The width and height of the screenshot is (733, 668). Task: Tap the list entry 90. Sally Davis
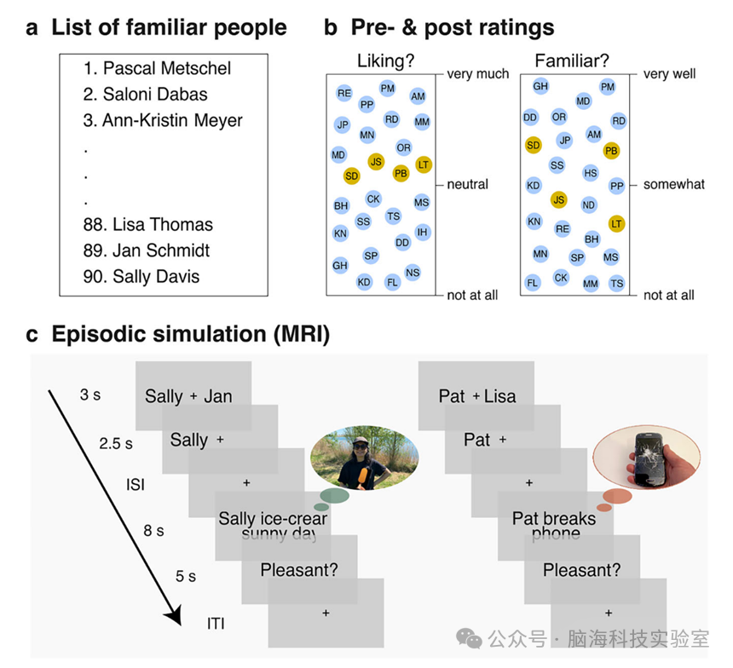pos(156,277)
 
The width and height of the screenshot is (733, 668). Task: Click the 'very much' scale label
pos(478,75)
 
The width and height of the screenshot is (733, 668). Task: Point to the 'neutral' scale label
pos(468,184)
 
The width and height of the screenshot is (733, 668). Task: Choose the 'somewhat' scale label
pos(673,184)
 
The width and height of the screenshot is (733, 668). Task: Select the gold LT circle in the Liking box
pos(424,164)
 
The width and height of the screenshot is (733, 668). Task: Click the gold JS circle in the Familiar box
pos(558,200)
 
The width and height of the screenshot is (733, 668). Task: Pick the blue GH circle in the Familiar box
pos(540,86)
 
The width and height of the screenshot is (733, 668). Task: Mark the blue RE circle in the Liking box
pos(344,92)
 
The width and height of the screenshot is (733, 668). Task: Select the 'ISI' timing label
pos(135,484)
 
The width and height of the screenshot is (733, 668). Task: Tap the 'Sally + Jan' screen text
pos(188,395)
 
